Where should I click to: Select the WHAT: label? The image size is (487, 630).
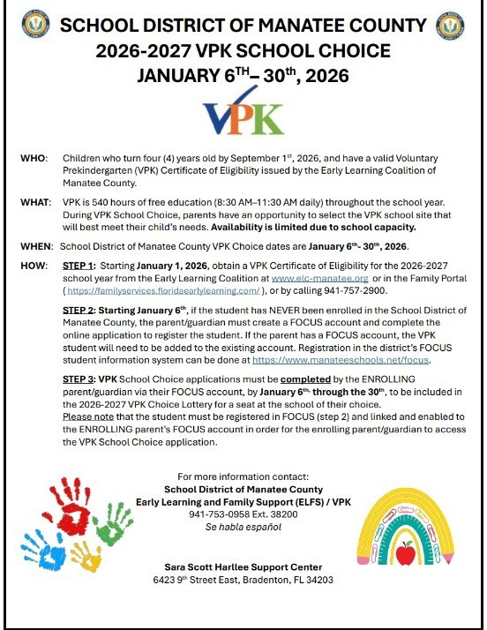pyautogui.click(x=36, y=202)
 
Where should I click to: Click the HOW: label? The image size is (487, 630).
pyautogui.click(x=34, y=265)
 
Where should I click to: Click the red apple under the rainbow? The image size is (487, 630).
pyautogui.click(x=405, y=554)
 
